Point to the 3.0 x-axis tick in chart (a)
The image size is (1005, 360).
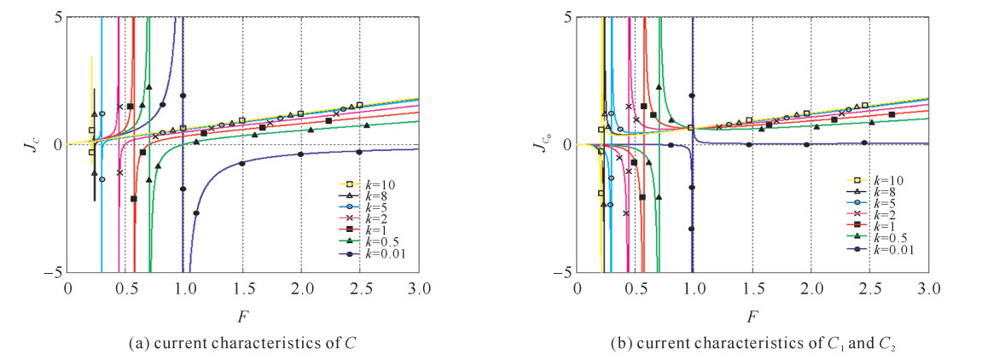[x=418, y=287]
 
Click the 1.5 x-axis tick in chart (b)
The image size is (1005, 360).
[x=752, y=287]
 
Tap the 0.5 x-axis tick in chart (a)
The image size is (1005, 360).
[x=126, y=287]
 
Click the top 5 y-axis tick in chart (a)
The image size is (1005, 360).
[x=56, y=16]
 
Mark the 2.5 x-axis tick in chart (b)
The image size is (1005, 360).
[x=869, y=287]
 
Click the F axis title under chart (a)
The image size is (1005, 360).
[x=242, y=316]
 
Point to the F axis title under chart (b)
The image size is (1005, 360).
[x=752, y=316]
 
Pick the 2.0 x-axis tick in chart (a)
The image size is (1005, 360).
[x=301, y=287]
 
